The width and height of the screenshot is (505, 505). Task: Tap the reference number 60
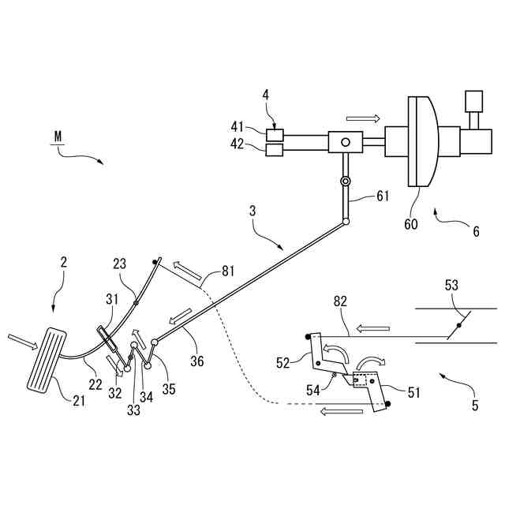[x=411, y=224]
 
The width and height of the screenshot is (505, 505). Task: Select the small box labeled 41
[x=275, y=134]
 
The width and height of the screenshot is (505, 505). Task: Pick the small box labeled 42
[x=275, y=149]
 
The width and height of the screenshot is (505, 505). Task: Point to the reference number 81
[x=227, y=271]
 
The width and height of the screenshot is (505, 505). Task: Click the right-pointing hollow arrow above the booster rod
[x=362, y=118]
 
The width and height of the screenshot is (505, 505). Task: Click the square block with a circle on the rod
[x=345, y=143]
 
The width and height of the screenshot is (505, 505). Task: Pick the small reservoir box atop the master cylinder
[x=473, y=103]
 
